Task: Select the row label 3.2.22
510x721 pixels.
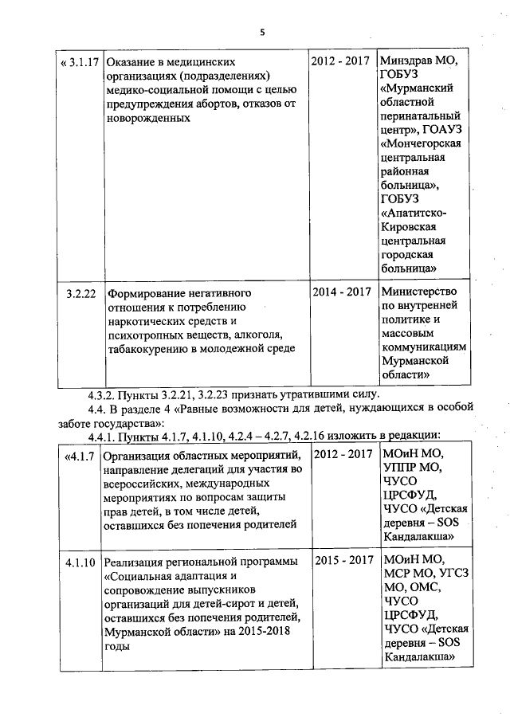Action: (81, 292)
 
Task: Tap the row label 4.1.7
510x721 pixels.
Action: (79, 456)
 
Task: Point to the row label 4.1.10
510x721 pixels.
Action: (81, 561)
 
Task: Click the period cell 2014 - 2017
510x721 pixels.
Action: (343, 292)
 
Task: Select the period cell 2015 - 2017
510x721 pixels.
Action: (343, 561)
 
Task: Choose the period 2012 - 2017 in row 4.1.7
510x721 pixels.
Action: (343, 455)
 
